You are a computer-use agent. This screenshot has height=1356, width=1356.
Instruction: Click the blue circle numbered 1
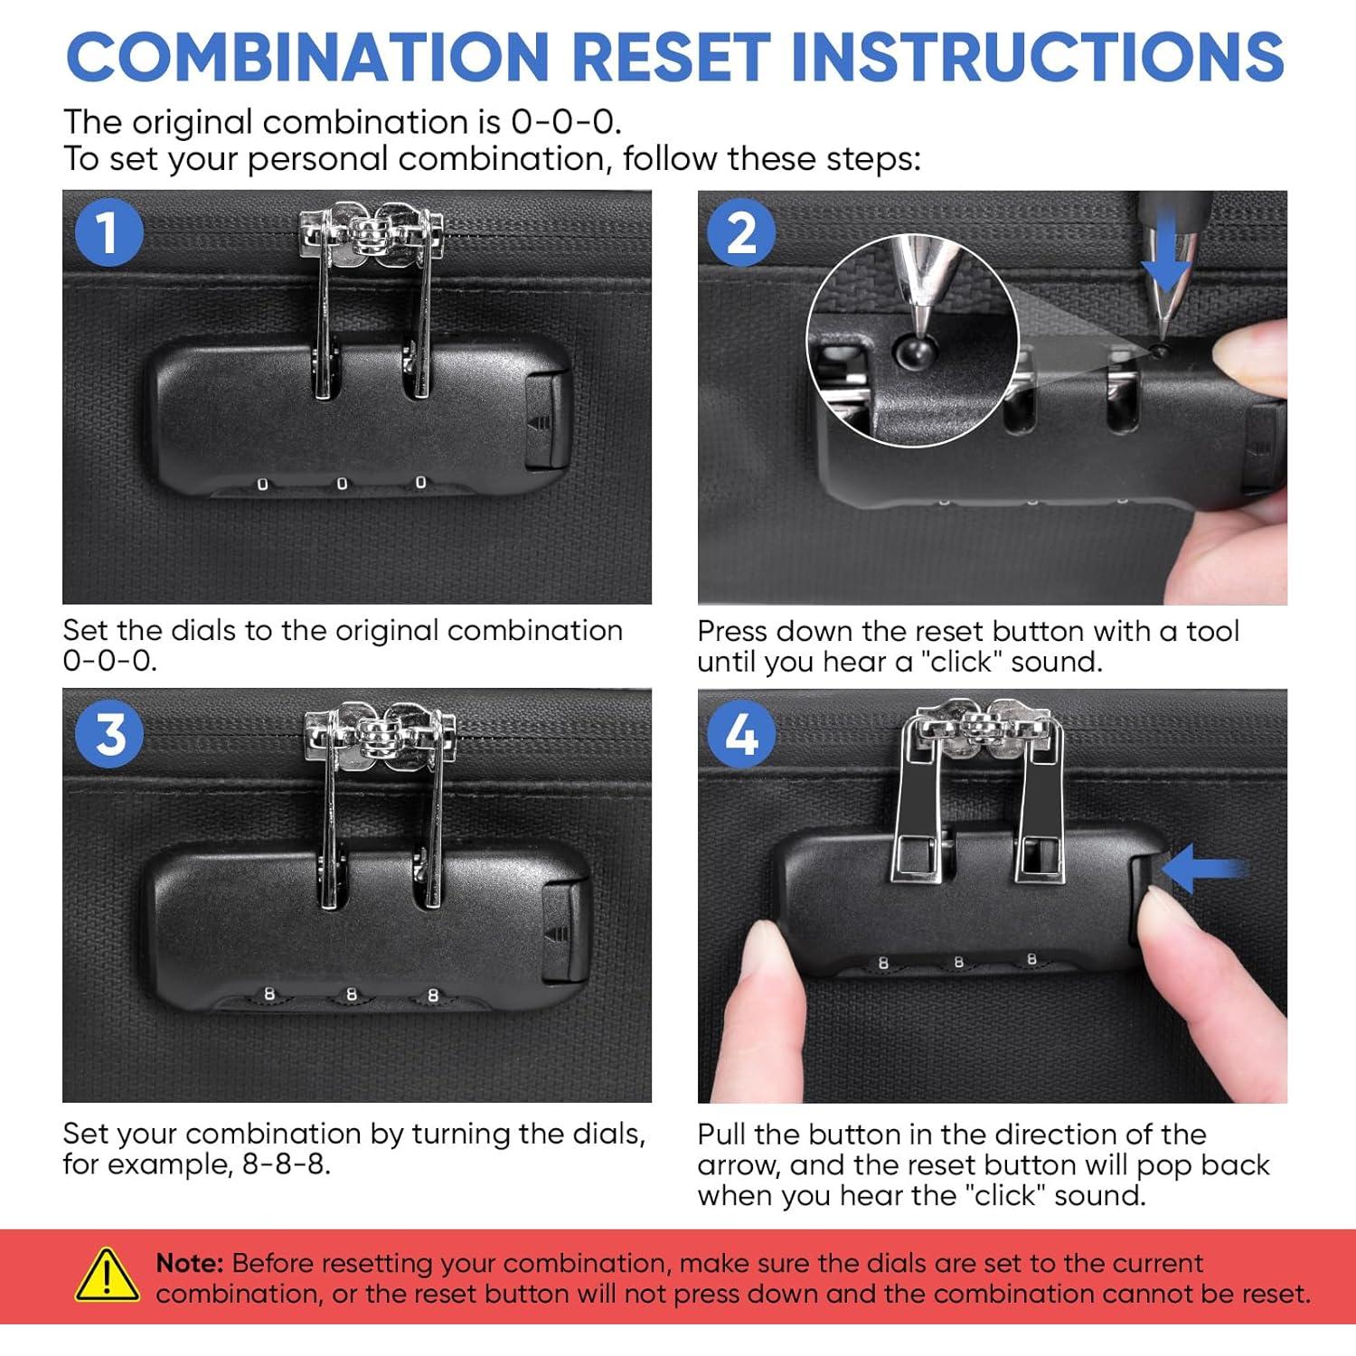coord(108,232)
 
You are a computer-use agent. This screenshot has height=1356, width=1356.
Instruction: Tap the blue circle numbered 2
coord(741,232)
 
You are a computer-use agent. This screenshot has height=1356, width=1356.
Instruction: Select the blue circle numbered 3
coord(110,734)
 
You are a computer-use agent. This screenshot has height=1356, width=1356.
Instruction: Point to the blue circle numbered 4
coord(741,734)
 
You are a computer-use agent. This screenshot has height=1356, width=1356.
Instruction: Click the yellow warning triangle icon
coord(107,1276)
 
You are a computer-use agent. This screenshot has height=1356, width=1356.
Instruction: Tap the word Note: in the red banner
coord(190,1263)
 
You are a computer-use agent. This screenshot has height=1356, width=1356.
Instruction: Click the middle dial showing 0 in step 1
coord(342,485)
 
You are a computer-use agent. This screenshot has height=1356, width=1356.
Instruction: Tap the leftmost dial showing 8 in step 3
coord(268,994)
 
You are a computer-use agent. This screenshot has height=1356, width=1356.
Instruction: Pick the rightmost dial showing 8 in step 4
coord(1031,959)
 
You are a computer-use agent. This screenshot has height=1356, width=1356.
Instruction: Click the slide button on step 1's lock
coord(546,420)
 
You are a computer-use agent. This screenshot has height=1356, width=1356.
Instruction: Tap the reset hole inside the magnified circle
coord(912,351)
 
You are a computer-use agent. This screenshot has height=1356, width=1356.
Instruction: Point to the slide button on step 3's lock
coord(564,932)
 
